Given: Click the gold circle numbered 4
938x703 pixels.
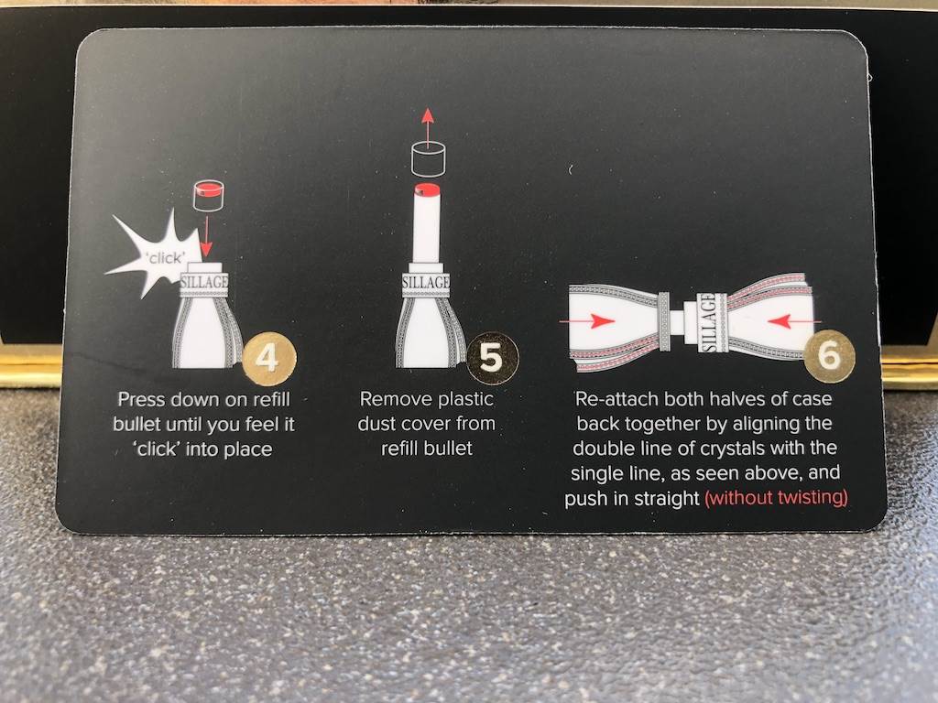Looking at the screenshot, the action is [x=269, y=359].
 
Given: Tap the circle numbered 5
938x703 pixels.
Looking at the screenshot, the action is [x=492, y=359].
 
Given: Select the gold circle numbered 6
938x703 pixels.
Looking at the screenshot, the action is [x=829, y=356].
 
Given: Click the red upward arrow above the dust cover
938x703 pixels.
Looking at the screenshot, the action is [x=427, y=124].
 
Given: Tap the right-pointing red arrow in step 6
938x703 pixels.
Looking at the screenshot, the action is [x=587, y=321].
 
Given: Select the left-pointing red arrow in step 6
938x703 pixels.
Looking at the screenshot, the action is [x=794, y=321].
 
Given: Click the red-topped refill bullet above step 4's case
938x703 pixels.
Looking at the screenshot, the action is [x=208, y=195].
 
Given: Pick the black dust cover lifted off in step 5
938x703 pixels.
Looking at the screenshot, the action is [x=429, y=158].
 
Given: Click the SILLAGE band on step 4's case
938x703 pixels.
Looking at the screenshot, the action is [x=204, y=282].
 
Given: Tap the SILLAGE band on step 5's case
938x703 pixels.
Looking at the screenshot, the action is [x=426, y=282].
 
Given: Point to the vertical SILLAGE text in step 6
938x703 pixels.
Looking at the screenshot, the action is [x=708, y=322].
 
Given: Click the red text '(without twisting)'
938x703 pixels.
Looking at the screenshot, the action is [x=777, y=497].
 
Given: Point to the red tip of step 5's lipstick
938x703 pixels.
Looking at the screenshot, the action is [x=427, y=189].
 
